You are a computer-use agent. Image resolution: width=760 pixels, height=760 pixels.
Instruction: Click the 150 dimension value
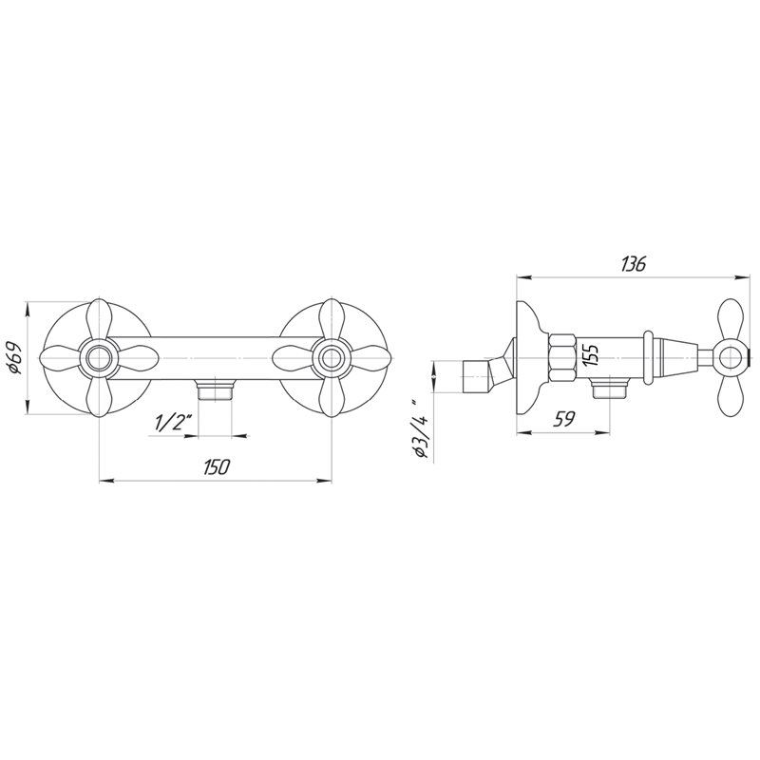coord(216,466)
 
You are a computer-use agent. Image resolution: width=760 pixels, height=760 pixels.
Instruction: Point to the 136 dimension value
coord(633,265)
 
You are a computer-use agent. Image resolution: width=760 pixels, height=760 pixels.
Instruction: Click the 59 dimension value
coord(563,418)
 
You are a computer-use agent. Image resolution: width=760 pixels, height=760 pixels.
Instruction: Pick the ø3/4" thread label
coord(420,428)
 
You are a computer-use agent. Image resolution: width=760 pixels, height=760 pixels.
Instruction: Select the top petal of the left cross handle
coord(100,318)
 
